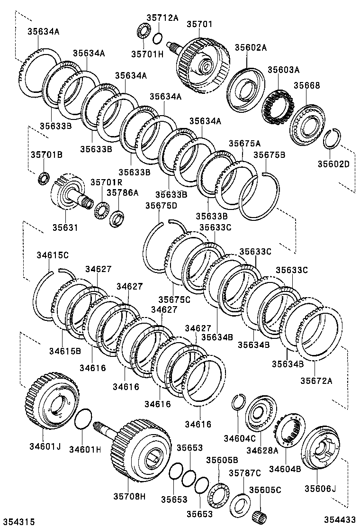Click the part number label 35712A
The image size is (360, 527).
coord(162,18)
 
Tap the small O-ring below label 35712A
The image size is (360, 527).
coord(158,38)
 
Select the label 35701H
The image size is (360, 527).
coord(147,54)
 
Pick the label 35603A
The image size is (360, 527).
coord(283,70)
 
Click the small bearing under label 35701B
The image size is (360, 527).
coord(44,179)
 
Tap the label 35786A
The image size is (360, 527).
coord(122,192)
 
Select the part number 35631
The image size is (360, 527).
coord(65,227)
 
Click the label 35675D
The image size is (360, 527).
coord(161,205)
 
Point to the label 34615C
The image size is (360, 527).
coord(53,255)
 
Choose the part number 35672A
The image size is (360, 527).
coord(316,381)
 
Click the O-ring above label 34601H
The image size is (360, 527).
coord(83,419)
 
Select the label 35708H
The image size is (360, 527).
coord(129,497)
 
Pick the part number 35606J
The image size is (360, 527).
coord(320,489)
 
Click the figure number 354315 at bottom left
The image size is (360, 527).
coord(18,521)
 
